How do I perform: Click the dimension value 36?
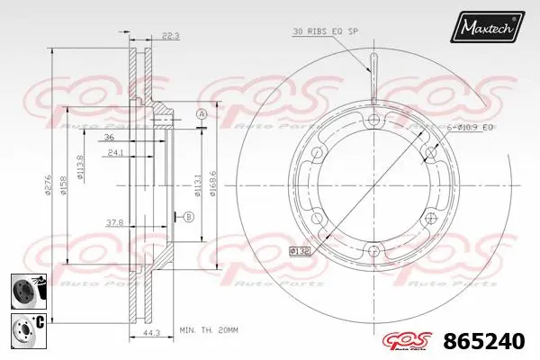click(x=108, y=138)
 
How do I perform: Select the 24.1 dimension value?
click(x=115, y=152)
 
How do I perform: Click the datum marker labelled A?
click(x=202, y=114)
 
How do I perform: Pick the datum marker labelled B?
click(x=188, y=217)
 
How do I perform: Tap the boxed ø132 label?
click(x=301, y=249)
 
